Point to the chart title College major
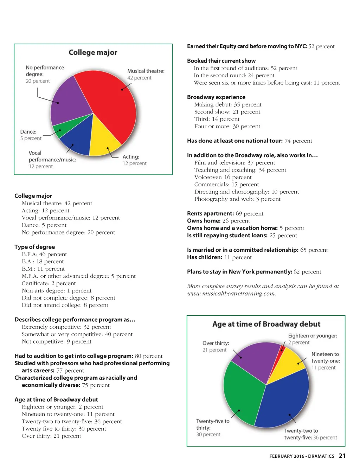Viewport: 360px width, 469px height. pos(93,52)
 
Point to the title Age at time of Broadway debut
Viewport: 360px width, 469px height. pos(266,324)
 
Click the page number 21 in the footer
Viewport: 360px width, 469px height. pos(342,456)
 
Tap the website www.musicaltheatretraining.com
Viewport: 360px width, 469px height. pos(231,294)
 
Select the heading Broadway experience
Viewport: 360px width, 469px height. pos(216,97)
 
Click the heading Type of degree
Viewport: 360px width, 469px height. pos(34,247)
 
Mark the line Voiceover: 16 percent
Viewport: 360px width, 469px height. pos(223,177)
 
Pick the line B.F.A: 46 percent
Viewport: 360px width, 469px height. pos(44,254)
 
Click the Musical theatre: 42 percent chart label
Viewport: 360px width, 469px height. pos(146,74)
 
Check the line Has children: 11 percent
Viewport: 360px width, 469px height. pos(219,257)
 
